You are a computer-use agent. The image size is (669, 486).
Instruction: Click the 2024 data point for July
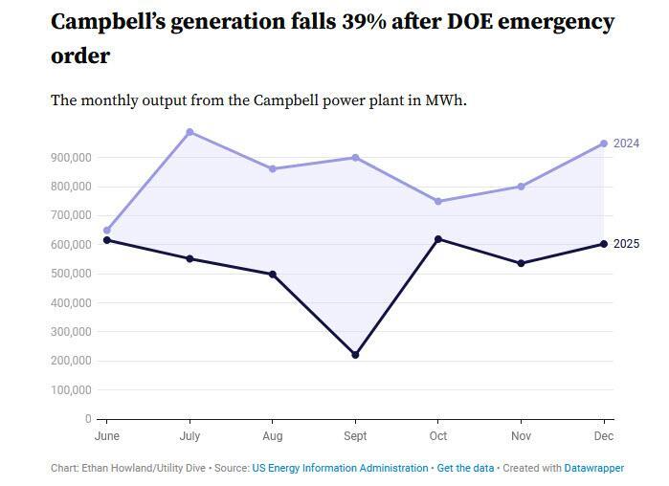190,132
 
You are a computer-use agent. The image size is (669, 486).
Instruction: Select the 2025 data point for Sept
355,355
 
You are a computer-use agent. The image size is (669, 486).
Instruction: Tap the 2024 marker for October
438,201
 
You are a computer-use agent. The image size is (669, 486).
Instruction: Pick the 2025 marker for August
273,275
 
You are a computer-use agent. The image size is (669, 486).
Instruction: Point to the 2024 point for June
106,231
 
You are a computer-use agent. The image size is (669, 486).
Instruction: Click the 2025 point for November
521,263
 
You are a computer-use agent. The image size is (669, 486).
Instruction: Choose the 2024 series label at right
626,144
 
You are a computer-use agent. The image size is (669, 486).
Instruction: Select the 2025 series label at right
626,244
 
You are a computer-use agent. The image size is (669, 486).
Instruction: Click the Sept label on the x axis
355,435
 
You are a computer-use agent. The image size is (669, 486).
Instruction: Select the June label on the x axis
106,435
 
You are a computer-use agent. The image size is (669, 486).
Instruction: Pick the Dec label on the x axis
604,435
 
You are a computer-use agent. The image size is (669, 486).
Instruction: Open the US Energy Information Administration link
340,468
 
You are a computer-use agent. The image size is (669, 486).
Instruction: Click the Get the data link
465,468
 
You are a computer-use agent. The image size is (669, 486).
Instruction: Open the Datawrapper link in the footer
594,468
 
